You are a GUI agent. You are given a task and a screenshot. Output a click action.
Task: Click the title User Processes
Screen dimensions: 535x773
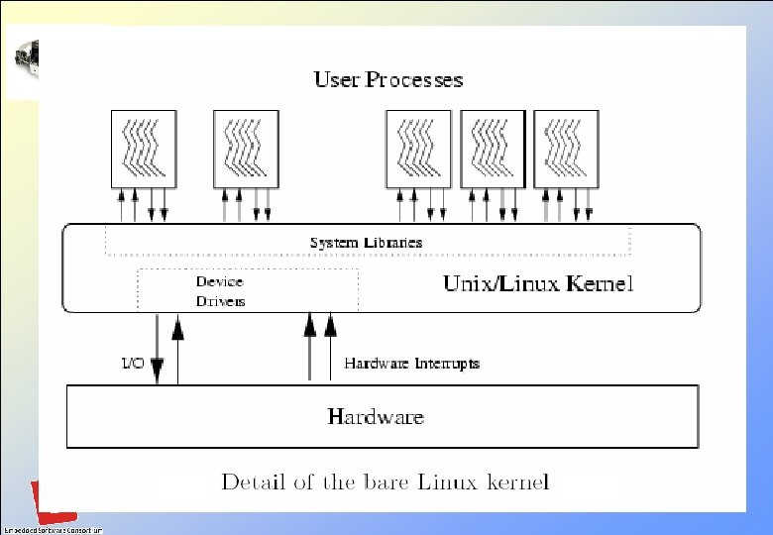(387, 79)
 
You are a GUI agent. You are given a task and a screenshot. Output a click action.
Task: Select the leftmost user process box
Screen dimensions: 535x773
(144, 148)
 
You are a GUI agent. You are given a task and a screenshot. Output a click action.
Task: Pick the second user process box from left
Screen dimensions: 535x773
(247, 148)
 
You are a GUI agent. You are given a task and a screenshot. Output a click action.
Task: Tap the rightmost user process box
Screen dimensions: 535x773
(566, 148)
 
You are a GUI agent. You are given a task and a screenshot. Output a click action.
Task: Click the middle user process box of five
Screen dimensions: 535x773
(418, 148)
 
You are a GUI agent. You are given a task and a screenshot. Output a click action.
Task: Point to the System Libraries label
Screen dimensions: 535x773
(366, 243)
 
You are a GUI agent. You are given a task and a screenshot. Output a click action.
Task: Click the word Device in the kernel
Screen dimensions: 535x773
(219, 281)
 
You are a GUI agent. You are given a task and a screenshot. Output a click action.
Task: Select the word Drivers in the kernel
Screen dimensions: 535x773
(220, 301)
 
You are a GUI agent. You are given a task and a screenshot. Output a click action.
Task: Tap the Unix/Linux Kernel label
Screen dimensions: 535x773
(537, 284)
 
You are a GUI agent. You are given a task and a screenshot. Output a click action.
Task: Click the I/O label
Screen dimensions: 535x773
(132, 364)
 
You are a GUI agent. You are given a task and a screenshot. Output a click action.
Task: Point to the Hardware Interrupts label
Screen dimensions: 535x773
(411, 364)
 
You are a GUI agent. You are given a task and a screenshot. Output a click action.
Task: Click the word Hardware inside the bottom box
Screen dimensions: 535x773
(376, 417)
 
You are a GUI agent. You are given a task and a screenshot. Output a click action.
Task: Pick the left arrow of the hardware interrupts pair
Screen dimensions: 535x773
(309, 347)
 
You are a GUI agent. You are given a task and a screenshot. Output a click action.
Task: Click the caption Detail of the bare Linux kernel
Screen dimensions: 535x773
(385, 483)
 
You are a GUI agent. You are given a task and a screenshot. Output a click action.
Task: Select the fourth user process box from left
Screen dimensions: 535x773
(493, 148)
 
